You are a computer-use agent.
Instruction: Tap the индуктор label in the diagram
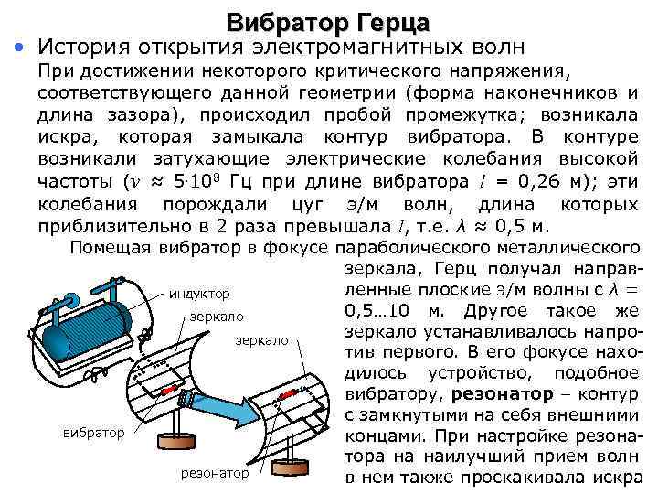pyautogui.click(x=199, y=295)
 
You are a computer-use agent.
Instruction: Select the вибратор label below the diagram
pyautogui.click(x=94, y=431)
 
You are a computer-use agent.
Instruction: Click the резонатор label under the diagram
pyautogui.click(x=215, y=473)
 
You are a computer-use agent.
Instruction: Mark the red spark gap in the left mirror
pyautogui.click(x=166, y=392)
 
